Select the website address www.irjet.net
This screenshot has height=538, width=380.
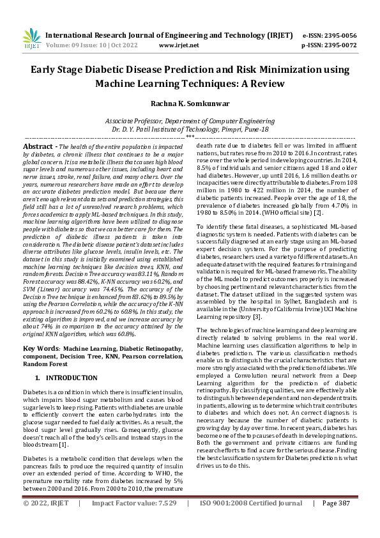click(x=176, y=45)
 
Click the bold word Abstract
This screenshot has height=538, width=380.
click(x=38, y=146)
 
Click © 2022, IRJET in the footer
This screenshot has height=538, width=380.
click(x=46, y=521)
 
